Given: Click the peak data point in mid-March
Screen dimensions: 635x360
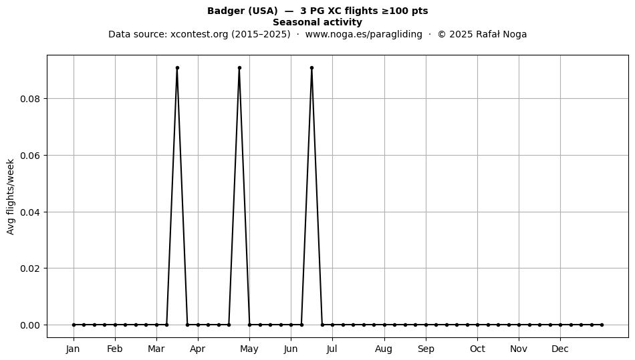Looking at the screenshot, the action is (177, 68).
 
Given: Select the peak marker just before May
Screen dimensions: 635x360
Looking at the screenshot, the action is (239, 68).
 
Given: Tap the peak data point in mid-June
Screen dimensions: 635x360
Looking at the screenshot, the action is (312, 68).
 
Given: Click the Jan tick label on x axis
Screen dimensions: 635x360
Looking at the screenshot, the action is (74, 349).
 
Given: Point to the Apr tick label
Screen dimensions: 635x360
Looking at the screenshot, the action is (198, 349).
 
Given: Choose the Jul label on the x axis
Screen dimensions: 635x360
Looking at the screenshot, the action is (332, 349).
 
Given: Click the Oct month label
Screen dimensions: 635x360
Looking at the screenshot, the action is (477, 349).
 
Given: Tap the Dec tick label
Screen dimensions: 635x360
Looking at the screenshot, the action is (560, 349).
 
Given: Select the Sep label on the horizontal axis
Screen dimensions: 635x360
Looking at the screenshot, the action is (426, 349).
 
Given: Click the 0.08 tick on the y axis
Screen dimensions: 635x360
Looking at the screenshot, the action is (31, 99).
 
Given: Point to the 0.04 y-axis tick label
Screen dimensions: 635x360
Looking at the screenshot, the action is (31, 212).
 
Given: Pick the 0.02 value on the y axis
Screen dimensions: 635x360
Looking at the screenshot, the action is (31, 268).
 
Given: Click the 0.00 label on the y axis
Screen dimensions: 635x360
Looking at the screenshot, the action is (31, 325).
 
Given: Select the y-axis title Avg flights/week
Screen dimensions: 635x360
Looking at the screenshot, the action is (11, 196).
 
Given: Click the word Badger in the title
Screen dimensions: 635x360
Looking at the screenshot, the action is (225, 11).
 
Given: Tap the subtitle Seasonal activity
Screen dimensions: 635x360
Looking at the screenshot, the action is (317, 22).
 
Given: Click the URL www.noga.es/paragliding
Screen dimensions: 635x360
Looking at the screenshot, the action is (364, 34).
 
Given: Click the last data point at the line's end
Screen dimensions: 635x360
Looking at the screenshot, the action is (602, 325).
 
